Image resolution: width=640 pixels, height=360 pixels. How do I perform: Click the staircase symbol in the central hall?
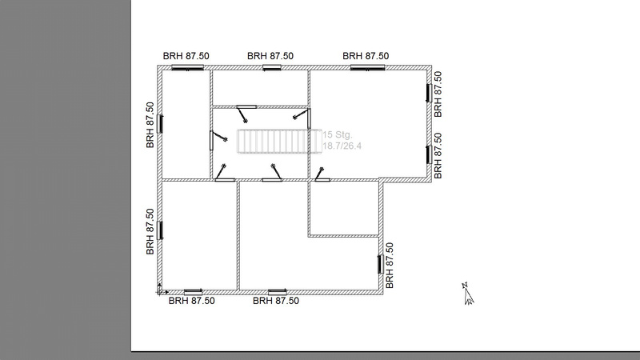(x=279, y=142)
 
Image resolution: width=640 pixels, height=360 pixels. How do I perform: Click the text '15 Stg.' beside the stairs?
(x=337, y=134)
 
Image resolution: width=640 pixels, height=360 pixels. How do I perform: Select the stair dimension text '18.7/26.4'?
(x=342, y=146)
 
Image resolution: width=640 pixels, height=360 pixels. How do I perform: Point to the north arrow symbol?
(x=468, y=294)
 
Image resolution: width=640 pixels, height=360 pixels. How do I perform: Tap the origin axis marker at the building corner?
(x=161, y=290)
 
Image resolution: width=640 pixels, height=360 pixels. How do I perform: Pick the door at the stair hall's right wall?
(x=302, y=118)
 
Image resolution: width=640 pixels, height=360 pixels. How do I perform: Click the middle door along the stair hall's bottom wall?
(x=272, y=173)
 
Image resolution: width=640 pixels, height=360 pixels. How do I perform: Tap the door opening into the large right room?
(x=322, y=174)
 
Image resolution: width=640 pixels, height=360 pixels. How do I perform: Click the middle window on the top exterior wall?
(x=271, y=68)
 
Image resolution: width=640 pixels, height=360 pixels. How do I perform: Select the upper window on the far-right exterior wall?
(x=430, y=93)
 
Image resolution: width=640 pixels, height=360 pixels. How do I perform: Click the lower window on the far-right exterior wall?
(x=430, y=154)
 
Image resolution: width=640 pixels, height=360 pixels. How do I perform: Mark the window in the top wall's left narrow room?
(x=187, y=68)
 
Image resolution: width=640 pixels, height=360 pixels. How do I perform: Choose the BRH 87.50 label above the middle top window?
(x=270, y=56)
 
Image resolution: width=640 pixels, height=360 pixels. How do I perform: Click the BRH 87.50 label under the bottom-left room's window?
(x=191, y=301)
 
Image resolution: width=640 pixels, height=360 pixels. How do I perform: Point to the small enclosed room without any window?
(x=343, y=207)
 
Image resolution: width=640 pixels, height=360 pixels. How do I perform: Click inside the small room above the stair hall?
(x=260, y=88)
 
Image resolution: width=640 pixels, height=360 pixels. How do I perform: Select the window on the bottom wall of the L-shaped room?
(x=277, y=291)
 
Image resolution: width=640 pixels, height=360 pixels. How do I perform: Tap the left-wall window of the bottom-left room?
(x=160, y=230)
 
